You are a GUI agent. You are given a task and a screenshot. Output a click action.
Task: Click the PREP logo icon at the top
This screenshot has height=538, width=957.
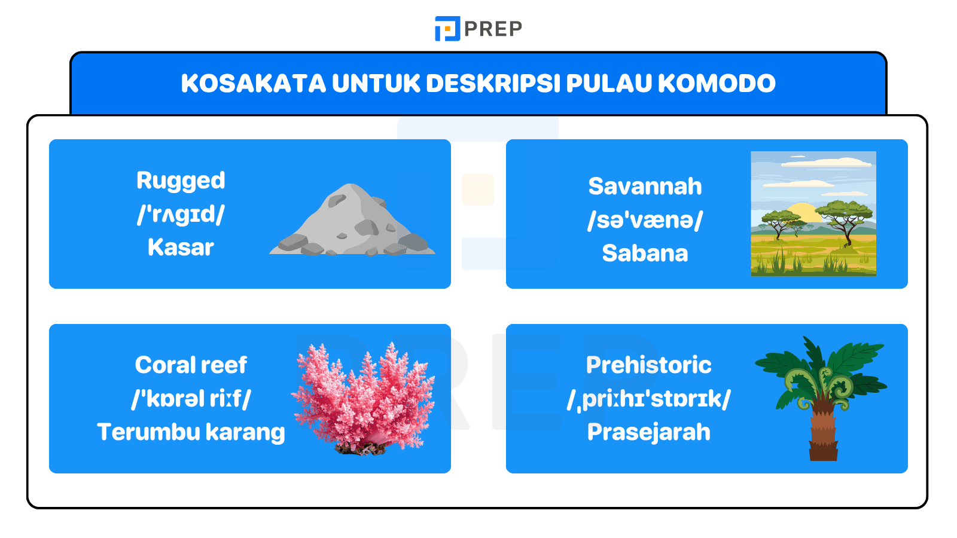pos(447,28)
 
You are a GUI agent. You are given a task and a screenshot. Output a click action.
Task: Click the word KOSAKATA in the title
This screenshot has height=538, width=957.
pos(253,83)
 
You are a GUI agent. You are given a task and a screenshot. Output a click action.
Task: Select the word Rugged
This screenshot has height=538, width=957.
pos(181,181)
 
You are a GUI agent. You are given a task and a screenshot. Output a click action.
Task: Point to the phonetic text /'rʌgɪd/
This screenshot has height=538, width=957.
pos(181,214)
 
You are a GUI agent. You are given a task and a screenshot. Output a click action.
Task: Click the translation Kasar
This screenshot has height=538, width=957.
pos(181,247)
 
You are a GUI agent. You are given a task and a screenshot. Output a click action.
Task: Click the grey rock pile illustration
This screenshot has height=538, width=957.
pos(353,224)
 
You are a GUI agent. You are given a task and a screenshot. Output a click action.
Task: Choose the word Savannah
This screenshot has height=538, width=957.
pos(645,187)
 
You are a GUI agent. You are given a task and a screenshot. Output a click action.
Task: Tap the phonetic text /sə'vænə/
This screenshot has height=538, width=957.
pos(645,220)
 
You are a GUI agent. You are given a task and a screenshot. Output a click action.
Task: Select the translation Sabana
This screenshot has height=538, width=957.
pos(645,253)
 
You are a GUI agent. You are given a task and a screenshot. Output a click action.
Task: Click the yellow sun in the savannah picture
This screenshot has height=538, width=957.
pos(801,212)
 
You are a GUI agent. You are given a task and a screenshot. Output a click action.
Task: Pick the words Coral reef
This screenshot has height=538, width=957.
pos(191,365)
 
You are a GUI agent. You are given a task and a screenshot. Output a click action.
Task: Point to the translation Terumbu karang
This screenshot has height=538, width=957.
pos(191,432)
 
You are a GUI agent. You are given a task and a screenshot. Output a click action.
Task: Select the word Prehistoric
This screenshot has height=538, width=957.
pos(648,365)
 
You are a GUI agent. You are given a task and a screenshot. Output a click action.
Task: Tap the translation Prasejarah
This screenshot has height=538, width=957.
pos(648,432)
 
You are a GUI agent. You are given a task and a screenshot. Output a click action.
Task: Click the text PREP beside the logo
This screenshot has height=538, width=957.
pos(493,29)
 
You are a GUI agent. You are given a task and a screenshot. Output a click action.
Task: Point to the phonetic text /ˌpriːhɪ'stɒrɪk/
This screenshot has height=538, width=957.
pos(648,399)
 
